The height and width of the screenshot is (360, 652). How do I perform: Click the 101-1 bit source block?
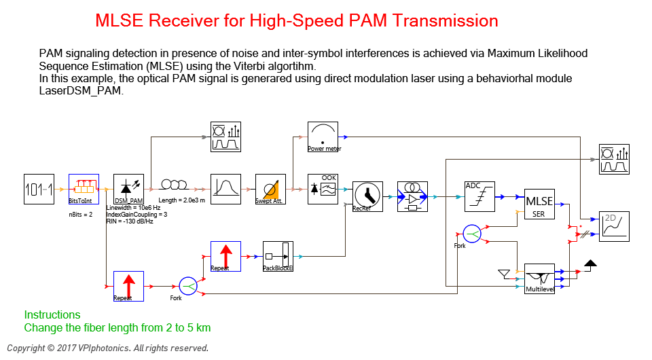tap(38, 190)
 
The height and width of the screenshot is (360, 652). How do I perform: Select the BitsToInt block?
tap(84, 190)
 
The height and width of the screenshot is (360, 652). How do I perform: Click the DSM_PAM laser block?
tap(128, 190)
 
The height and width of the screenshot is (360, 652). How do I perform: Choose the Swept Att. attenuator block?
tap(270, 190)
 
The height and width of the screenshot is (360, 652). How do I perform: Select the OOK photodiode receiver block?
tap(323, 190)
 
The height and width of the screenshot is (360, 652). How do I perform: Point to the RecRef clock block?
tap(367, 196)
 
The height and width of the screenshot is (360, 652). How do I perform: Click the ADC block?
tap(479, 196)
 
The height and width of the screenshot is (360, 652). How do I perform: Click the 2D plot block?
tap(614, 226)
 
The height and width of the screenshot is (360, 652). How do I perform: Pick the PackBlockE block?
tap(278, 256)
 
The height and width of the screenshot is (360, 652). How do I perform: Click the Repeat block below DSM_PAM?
tap(128, 286)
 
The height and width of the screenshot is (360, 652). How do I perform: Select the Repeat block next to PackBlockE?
tap(225, 256)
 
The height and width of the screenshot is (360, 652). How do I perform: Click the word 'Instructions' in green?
tap(52, 315)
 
